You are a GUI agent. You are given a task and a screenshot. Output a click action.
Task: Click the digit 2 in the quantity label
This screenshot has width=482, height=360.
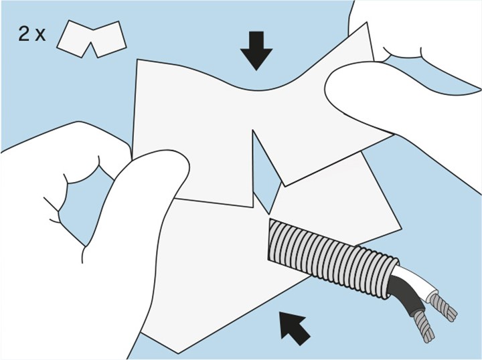[24, 33]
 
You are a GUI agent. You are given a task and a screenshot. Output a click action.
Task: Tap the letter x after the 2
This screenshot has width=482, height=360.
[39, 35]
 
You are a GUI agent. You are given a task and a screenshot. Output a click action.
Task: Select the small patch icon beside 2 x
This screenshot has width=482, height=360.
[91, 39]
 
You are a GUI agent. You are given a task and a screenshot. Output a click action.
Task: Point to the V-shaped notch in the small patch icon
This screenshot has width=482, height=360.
[91, 49]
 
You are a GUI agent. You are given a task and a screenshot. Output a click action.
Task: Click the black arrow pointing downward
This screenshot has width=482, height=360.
[256, 51]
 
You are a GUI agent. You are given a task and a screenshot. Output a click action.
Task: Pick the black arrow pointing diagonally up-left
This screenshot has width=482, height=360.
[295, 328]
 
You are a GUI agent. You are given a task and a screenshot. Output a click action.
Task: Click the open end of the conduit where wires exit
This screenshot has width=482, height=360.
[392, 278]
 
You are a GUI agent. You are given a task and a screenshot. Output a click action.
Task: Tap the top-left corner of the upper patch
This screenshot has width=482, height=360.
[137, 60]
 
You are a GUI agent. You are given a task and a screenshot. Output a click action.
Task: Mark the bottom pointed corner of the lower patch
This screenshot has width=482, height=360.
[179, 353]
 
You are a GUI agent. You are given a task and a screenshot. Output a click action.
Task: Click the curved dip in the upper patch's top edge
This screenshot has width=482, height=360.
[258, 90]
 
